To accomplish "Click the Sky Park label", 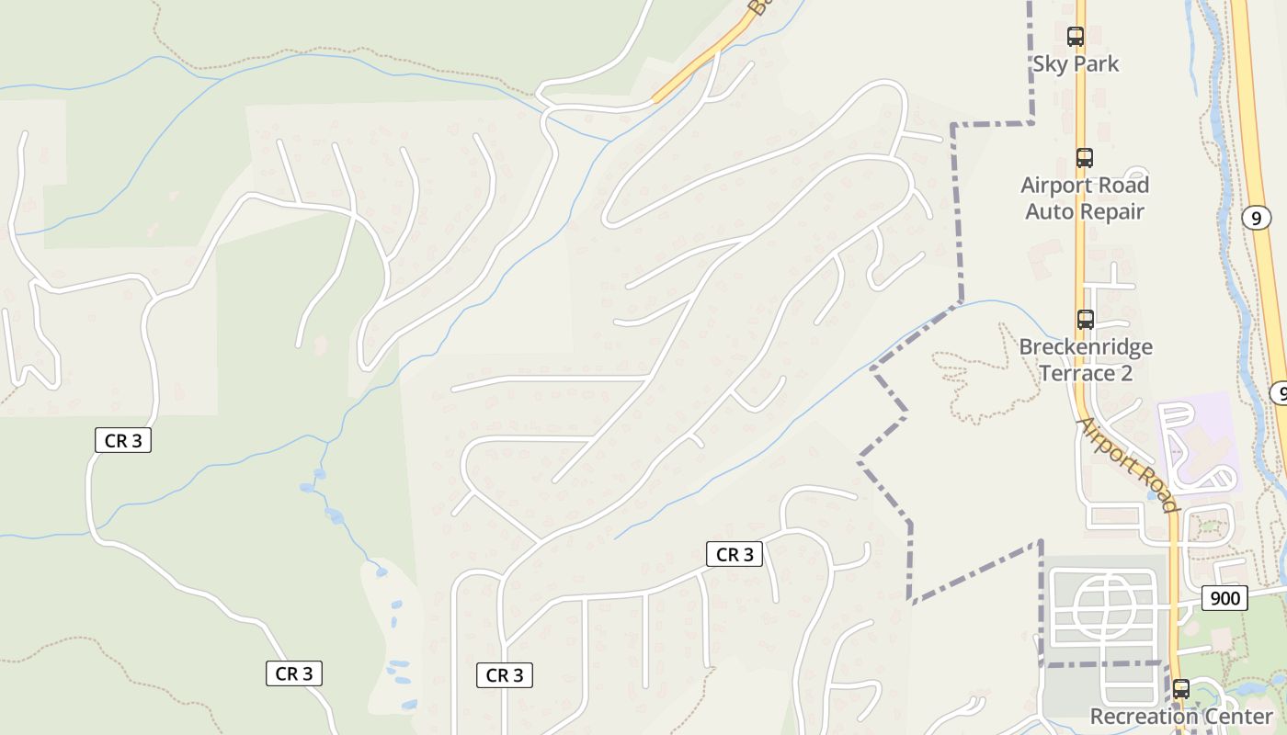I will [1076, 64].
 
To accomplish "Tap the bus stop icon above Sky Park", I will [1075, 37].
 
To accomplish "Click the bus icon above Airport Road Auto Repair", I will [1085, 158].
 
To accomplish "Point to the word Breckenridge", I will [1086, 347].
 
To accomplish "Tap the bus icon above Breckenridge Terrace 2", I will [1086, 320].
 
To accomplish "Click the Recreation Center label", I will [1181, 717].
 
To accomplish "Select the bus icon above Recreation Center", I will [1181, 688].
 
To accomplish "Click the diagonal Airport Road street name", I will [1127, 465].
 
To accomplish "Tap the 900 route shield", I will [1224, 599].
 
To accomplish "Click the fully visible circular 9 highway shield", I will [1256, 218].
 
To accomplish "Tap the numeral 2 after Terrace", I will [1126, 374].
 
